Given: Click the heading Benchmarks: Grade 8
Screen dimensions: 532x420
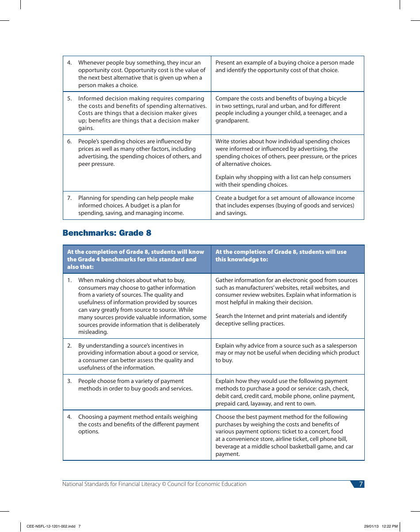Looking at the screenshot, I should pos(107,233).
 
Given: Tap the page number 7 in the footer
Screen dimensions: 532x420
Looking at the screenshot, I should pos(361,484).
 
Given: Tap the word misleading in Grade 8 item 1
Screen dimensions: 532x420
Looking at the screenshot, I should pos(93,332).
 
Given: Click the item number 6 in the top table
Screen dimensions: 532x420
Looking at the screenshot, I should pos(69,142).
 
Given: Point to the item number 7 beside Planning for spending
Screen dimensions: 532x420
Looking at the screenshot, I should pos(69,198).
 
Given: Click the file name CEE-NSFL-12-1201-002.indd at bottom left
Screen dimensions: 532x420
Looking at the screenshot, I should pos(51,526).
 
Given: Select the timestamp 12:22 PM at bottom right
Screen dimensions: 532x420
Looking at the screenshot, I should pos(389,526).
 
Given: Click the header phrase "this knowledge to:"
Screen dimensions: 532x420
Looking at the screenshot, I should pos(241,260).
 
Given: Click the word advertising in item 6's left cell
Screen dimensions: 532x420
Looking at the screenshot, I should pos(93,157).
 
